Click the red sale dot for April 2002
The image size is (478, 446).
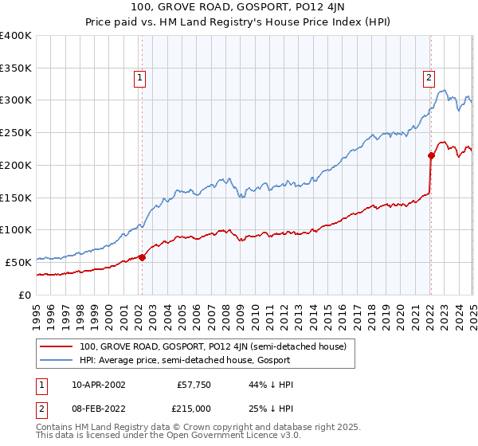(x=142, y=256)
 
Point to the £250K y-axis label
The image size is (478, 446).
(x=16, y=133)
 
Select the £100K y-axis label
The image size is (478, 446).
(x=16, y=230)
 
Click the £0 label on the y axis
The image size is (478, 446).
(x=25, y=295)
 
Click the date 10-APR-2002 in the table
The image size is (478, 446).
(x=98, y=385)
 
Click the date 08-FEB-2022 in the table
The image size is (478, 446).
(x=98, y=408)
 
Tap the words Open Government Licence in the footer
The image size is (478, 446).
(x=236, y=436)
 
